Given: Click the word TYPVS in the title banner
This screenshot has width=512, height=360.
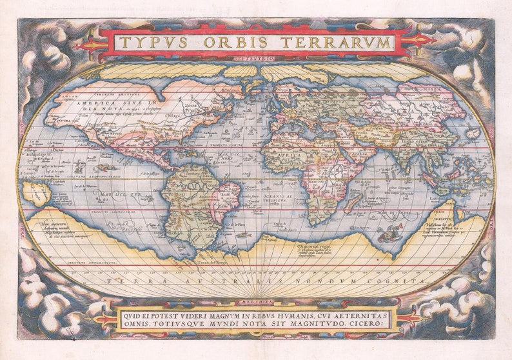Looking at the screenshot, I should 152,43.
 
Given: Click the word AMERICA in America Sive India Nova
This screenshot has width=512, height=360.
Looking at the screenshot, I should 97,103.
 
